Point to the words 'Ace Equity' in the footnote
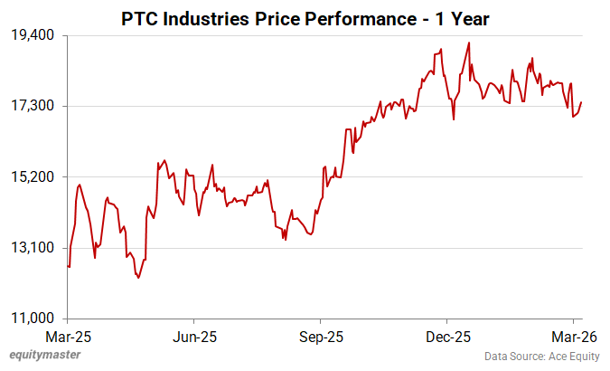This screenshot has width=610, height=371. (573, 357)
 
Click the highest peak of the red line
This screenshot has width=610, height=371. (468, 43)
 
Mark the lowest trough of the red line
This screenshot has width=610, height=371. (138, 278)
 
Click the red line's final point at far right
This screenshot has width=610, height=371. (581, 102)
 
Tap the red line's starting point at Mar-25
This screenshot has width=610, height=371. (69, 266)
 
